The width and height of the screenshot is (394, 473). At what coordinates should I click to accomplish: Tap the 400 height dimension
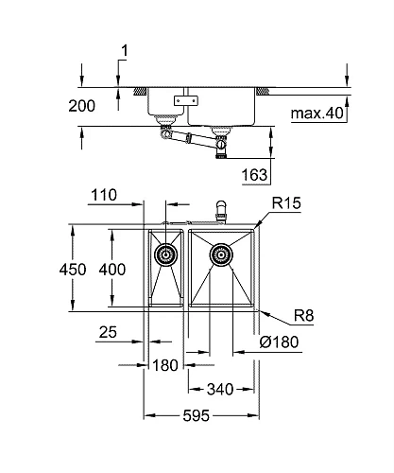coord(112,269)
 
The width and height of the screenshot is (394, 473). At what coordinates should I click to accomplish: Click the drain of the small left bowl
coord(165,254)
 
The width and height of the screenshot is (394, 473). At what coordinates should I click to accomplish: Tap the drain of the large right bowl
coord(222,254)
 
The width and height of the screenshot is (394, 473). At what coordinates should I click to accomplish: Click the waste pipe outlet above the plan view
coord(221,209)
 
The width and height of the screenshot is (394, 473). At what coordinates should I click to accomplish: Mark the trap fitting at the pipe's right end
coord(223,148)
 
